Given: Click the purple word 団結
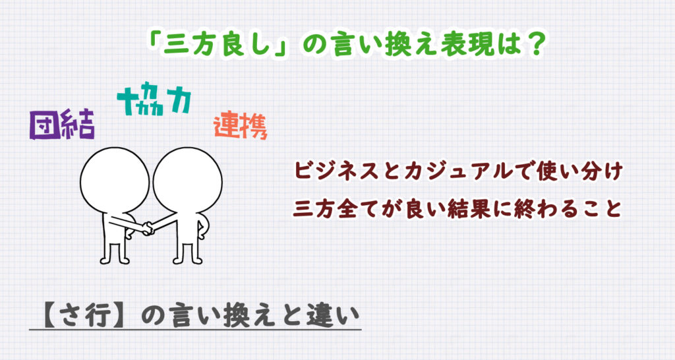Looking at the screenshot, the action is point(62,125).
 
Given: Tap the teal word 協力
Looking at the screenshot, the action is point(154,102).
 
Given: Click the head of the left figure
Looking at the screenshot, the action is point(115,181).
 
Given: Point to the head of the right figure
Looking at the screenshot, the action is point(188,181).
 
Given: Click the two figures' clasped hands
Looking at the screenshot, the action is point(148,227).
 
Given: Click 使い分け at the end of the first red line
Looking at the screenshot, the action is point(580,171).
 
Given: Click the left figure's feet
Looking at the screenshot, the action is point(115,260).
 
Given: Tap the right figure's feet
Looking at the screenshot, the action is point(188,260).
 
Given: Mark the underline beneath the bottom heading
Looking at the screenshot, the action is point(195,330).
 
